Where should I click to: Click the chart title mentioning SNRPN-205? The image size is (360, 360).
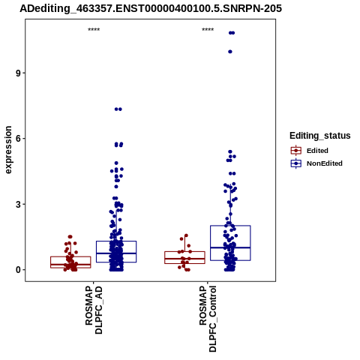click(x=151, y=9)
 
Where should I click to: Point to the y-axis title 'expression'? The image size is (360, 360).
click(x=8, y=150)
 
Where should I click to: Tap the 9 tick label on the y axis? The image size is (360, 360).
click(x=18, y=73)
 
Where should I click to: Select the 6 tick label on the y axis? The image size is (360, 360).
click(x=18, y=139)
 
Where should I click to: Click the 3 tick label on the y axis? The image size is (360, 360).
click(x=18, y=204)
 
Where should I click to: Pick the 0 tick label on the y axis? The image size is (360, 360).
click(x=18, y=270)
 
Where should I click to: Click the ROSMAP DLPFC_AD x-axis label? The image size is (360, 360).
click(x=94, y=310)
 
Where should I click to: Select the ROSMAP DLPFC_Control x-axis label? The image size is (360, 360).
click(x=208, y=319)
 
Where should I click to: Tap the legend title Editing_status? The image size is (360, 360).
click(x=320, y=136)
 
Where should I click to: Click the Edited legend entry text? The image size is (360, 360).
click(x=317, y=151)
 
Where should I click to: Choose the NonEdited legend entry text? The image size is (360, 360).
click(x=325, y=163)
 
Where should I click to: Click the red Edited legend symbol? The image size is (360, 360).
click(x=296, y=151)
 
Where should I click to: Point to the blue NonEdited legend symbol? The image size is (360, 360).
click(x=296, y=163)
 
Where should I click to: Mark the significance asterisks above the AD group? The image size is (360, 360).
click(x=94, y=30)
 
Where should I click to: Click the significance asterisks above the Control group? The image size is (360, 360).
click(x=208, y=30)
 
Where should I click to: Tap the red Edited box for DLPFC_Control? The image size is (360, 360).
click(x=184, y=257)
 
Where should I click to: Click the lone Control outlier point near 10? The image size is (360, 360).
click(x=230, y=52)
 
